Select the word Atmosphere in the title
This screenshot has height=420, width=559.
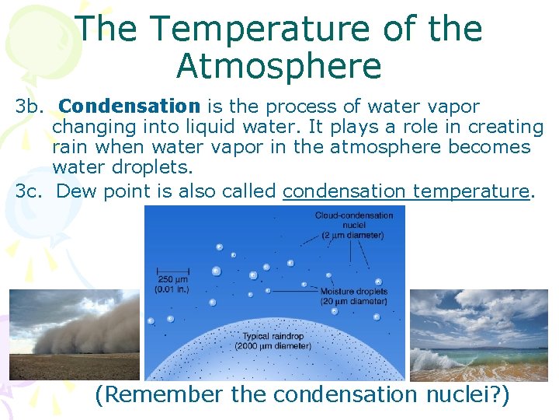(x=279, y=66)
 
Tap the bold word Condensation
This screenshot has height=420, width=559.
(x=130, y=107)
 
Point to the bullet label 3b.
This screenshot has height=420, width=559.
(x=32, y=107)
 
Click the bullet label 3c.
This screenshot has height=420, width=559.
(x=32, y=191)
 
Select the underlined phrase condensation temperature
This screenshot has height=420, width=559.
(x=406, y=191)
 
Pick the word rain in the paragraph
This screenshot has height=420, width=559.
(x=70, y=148)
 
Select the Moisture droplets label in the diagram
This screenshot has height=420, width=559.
(x=353, y=292)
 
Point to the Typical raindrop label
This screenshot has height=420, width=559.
(x=274, y=336)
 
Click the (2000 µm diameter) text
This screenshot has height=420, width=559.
(x=274, y=345)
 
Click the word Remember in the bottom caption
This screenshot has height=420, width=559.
(x=159, y=395)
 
